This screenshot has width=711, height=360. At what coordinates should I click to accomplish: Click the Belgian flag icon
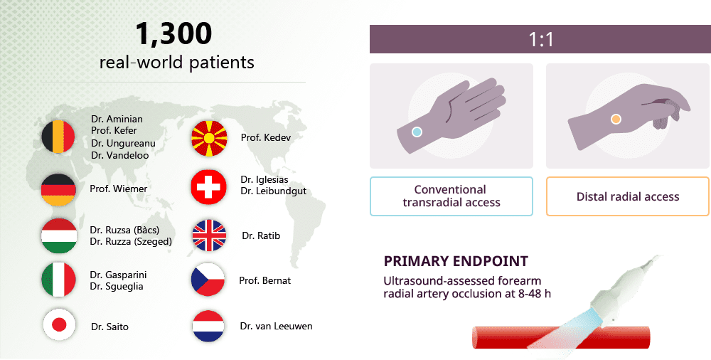pos(58,137)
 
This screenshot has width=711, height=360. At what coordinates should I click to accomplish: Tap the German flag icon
pos(58,190)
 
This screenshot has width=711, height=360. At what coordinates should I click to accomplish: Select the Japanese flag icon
pos(59,324)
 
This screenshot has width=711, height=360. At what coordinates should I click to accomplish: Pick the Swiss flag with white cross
pos(208,187)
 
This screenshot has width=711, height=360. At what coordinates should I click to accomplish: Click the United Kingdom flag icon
pos(209,235)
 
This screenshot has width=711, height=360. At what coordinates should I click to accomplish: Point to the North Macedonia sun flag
pos(208,137)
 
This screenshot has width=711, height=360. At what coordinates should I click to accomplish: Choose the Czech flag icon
pos(208,279)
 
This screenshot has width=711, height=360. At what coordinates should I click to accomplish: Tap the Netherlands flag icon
pos(208,326)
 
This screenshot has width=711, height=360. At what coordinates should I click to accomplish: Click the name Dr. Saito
pos(109,327)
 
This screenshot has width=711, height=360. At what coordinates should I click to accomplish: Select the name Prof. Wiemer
pos(118,189)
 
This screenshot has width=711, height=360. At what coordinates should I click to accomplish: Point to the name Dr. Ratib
pos(261,235)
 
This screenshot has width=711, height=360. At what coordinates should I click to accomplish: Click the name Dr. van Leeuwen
pos(276,326)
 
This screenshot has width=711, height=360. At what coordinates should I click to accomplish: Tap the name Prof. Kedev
pos(266,137)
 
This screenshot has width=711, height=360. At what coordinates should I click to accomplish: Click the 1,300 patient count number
pos(173,34)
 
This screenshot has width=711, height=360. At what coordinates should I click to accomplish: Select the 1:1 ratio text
pos(541,40)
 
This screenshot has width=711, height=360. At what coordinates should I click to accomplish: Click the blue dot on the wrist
pos(417,132)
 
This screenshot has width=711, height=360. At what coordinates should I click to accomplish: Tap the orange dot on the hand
pos(616,120)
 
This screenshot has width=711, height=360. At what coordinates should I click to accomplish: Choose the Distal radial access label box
pos(628,196)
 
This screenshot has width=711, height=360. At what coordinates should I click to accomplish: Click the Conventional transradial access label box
pos(451,196)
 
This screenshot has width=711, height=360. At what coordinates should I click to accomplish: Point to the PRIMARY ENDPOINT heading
pos(456,261)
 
